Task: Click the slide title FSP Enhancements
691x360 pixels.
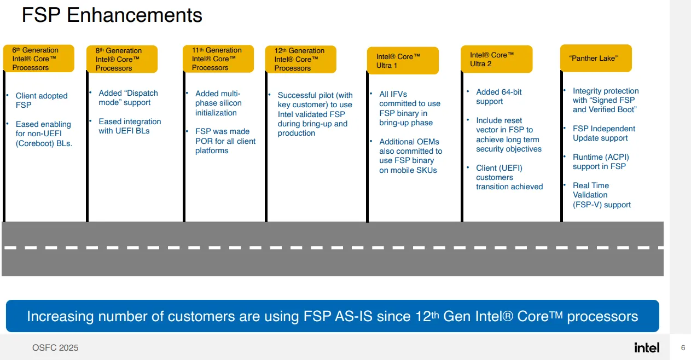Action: point(112,15)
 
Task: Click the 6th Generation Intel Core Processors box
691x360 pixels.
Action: point(39,59)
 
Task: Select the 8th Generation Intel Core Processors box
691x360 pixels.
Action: point(122,59)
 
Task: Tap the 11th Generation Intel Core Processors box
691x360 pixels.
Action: point(218,59)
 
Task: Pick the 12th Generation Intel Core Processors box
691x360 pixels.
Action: point(300,59)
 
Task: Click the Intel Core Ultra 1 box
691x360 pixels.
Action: point(403,61)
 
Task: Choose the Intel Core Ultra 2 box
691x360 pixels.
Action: point(496,59)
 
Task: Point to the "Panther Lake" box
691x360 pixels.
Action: point(595,58)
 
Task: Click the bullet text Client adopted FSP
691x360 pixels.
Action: point(42,100)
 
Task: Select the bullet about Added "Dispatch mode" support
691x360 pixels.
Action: point(127,98)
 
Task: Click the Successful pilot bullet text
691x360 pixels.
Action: point(315,114)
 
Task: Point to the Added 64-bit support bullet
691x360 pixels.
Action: point(498,96)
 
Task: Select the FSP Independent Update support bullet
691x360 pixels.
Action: point(603,133)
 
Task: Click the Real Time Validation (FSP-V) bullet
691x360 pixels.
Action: point(601,195)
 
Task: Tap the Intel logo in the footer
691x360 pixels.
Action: point(647,347)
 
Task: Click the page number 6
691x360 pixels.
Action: point(683,347)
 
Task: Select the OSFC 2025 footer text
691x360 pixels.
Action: point(55,348)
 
